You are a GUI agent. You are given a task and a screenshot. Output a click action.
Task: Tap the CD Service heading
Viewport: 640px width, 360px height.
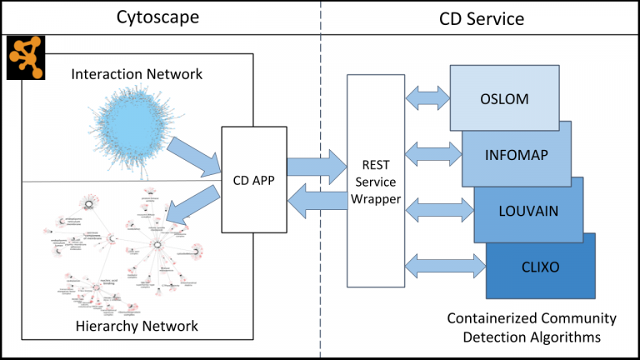pos(482,17)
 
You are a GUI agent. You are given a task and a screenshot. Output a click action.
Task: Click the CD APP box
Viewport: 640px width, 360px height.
pos(254,178)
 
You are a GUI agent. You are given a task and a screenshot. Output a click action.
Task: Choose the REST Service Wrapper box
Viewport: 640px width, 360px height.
pos(374,180)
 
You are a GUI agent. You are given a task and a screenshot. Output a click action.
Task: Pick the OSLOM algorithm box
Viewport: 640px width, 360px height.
pos(503,99)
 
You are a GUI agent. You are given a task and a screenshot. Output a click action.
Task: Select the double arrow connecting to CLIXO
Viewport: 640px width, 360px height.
pos(446,265)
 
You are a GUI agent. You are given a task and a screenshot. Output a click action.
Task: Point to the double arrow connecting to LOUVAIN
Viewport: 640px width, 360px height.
pos(439,208)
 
